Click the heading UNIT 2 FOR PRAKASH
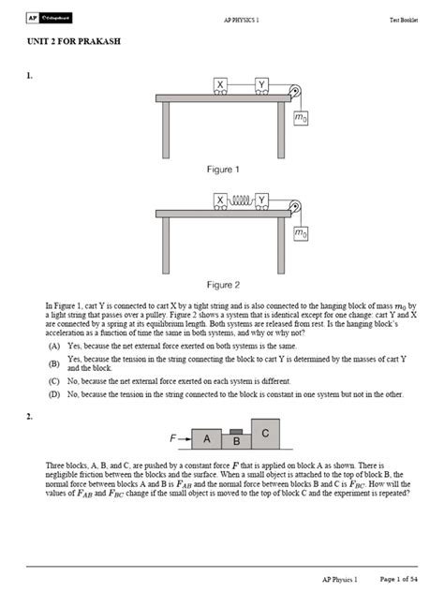[70, 43]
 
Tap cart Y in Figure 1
[261, 85]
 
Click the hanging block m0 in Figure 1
[300, 118]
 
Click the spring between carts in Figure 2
[242, 200]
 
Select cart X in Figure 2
[220, 200]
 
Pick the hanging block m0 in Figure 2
[300, 232]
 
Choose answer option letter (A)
[55, 346]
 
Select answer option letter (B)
[55, 363]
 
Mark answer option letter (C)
[55, 381]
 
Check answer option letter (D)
[55, 394]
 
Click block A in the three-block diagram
[207, 438]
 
